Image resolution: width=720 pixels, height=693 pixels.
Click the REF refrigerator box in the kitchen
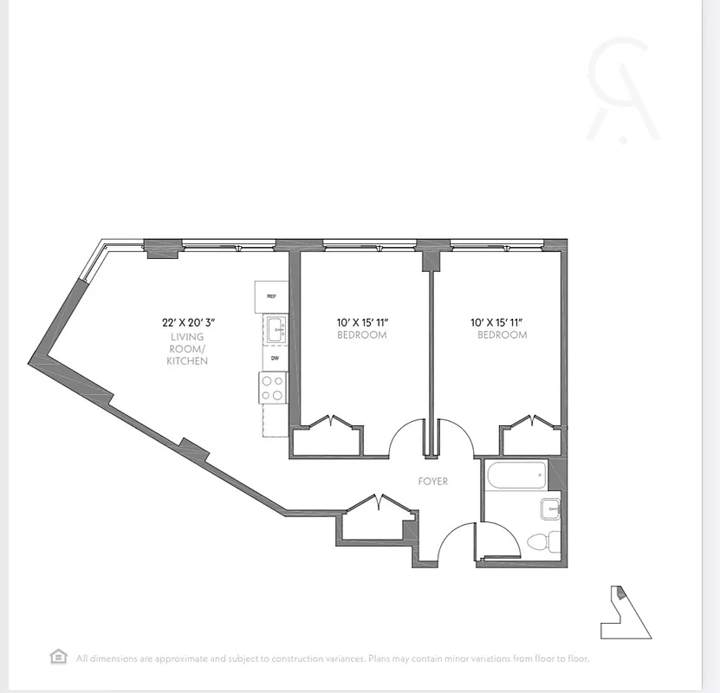point(271,296)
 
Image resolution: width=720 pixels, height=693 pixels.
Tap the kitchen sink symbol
point(276,328)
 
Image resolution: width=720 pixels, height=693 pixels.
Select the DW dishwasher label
point(274,358)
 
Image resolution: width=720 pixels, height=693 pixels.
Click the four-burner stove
point(273,387)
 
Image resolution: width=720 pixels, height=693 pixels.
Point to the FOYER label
point(432,482)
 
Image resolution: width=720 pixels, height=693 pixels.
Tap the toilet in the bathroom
point(542,543)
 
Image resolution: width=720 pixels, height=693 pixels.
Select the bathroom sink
point(550,508)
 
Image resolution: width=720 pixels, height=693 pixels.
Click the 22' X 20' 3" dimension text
point(188,322)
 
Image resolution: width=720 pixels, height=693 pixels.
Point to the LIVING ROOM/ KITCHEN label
point(187,348)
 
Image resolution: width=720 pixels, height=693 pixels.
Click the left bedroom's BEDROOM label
point(361,334)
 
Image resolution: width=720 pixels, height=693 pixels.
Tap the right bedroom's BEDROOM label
point(502,334)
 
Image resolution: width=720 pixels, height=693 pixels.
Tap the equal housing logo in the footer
point(58,657)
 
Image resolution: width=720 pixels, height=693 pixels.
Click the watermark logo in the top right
point(622,91)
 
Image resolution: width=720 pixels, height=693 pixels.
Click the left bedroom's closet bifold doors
point(328,424)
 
